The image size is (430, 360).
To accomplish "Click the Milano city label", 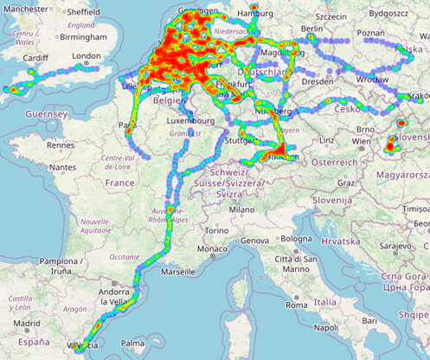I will [241, 209].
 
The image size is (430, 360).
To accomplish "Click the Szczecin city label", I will [331, 15].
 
